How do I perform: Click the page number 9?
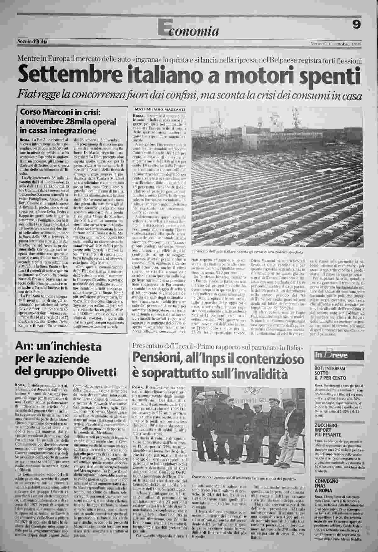[x=356, y=25]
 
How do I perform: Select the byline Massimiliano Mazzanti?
[x=160, y=109]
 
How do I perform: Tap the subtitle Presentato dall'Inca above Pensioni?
[x=218, y=347]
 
